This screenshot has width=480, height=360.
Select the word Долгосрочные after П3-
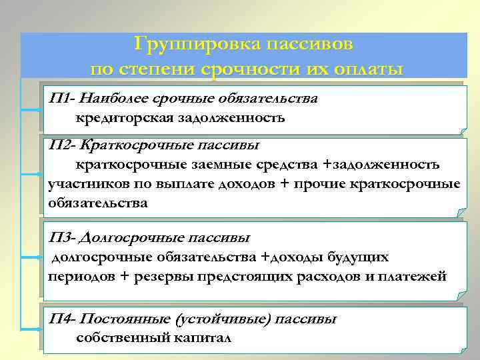click(x=124, y=237)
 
